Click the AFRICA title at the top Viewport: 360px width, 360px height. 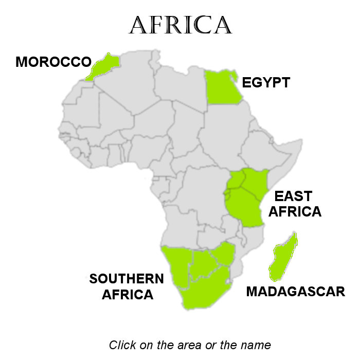[x=180, y=25]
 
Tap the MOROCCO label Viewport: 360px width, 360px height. [x=53, y=62]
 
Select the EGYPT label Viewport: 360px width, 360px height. [x=266, y=82]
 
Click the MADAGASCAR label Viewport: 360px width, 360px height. [x=295, y=292]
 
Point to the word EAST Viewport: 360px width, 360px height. [x=293, y=196]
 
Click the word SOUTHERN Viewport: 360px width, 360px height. [x=127, y=279]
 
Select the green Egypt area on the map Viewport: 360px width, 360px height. [x=222, y=87]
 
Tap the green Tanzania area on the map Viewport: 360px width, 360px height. [x=246, y=208]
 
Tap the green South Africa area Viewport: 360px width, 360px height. [x=203, y=291]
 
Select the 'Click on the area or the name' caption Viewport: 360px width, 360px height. [x=190, y=345]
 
